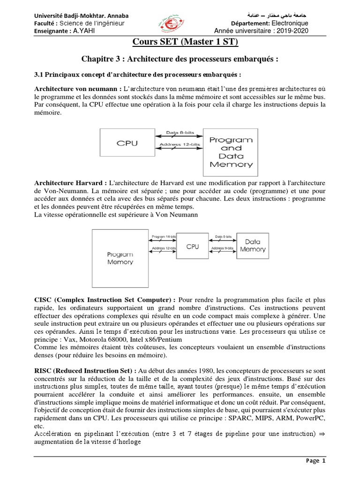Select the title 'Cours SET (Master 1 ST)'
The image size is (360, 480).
click(x=180, y=43)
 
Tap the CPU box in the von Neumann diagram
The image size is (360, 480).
click(x=127, y=143)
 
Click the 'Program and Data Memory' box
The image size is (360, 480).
click(x=231, y=152)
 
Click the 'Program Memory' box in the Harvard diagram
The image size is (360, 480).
click(x=120, y=258)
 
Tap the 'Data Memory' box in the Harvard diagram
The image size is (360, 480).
click(x=253, y=245)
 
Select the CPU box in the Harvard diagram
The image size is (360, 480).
click(x=192, y=246)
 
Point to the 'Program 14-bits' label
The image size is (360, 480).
click(x=163, y=236)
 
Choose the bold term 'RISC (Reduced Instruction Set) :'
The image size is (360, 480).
click(x=85, y=370)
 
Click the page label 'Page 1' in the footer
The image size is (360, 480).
click(x=315, y=461)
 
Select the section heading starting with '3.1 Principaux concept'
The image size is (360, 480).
click(x=138, y=75)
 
